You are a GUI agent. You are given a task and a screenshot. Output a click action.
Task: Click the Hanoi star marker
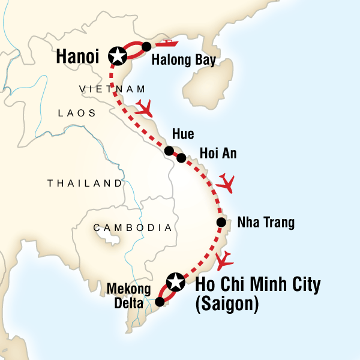[118, 56]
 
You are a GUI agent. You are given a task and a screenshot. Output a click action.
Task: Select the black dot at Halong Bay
[146, 46]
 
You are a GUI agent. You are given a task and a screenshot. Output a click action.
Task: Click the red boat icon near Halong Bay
[169, 43]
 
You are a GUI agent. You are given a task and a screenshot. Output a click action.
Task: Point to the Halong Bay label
[184, 60]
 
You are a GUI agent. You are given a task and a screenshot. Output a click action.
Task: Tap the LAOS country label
[73, 112]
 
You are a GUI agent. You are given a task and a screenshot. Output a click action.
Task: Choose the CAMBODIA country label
[132, 227]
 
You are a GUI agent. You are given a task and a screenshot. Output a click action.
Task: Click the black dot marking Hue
[169, 151]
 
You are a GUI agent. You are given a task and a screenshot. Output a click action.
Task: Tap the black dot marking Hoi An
[181, 158]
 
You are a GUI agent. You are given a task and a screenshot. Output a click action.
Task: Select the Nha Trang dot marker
[221, 223]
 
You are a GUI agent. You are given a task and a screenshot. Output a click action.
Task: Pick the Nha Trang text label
[266, 223]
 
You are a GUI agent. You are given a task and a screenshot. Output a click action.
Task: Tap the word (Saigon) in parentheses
[227, 304]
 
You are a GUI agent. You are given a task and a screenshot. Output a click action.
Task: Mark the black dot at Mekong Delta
[160, 302]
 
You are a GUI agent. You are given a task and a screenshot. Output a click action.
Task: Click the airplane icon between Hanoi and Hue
[144, 108]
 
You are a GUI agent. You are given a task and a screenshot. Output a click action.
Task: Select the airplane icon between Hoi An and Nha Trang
[227, 182]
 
